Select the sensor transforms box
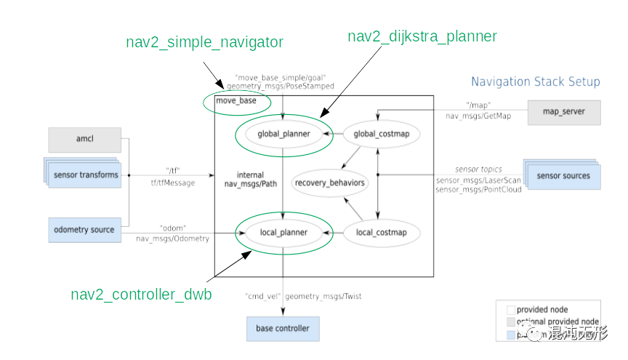tap(85, 175)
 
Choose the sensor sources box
tap(563, 176)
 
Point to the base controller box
tap(282, 329)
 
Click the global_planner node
tap(283, 134)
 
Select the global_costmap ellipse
tap(377, 134)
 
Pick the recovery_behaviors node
tap(329, 183)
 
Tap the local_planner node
tap(283, 233)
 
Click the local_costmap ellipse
tap(377, 233)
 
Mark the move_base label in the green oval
tap(236, 101)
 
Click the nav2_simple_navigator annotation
tap(204, 42)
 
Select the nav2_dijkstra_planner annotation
tap(422, 36)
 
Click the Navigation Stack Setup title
tap(535, 81)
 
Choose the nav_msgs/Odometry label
tap(172, 239)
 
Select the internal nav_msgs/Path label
tap(251, 180)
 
